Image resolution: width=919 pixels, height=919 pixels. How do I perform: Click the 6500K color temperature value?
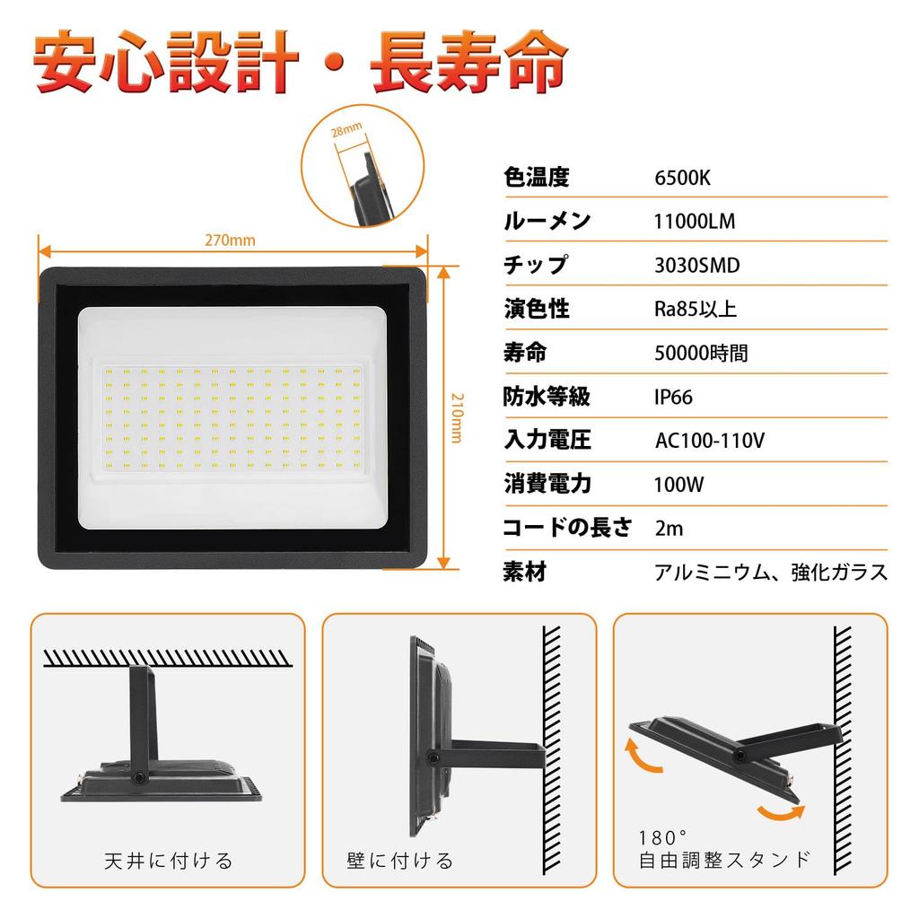[682, 178]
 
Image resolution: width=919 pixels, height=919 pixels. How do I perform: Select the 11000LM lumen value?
[695, 222]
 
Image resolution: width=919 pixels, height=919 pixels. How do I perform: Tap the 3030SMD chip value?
[697, 266]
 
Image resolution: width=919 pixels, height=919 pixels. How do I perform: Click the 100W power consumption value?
[679, 486]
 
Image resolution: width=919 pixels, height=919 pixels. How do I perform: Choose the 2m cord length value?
[670, 529]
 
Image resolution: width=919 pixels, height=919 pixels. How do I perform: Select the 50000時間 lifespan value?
[701, 354]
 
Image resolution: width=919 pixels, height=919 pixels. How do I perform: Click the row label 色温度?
[537, 178]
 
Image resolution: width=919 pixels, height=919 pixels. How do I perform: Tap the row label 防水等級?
[547, 397]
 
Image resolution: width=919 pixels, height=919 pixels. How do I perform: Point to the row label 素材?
[526, 572]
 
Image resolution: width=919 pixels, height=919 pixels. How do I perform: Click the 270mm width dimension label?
[231, 241]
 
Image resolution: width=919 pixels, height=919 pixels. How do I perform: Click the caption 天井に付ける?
[168, 862]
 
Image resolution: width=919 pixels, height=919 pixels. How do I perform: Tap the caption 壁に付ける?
[400, 862]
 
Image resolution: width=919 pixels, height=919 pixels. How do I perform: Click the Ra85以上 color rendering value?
[695, 310]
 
